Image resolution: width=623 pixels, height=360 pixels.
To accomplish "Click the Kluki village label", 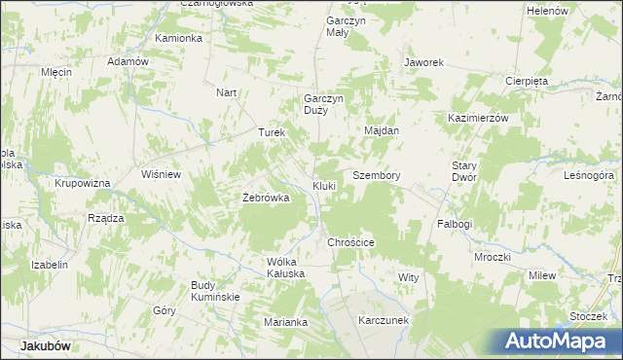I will click(x=324, y=185).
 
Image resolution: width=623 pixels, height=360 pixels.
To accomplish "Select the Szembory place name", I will click(x=377, y=175).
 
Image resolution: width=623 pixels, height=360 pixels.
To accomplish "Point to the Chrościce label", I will click(x=351, y=242).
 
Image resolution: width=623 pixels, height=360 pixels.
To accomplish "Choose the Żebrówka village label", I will click(x=266, y=198).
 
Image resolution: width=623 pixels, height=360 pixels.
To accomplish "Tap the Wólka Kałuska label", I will click(x=286, y=268).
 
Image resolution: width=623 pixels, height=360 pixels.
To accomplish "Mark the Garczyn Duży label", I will click(x=324, y=104).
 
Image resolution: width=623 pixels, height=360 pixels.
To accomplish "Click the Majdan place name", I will click(x=382, y=130).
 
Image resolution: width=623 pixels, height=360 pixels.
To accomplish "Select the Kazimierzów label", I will click(x=479, y=117).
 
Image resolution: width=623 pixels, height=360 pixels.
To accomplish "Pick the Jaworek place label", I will click(x=424, y=62).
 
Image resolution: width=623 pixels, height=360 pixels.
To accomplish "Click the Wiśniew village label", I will click(x=162, y=175).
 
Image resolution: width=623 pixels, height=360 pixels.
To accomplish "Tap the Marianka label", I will click(x=286, y=322).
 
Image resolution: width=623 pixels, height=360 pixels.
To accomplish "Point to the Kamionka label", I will click(x=178, y=38).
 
